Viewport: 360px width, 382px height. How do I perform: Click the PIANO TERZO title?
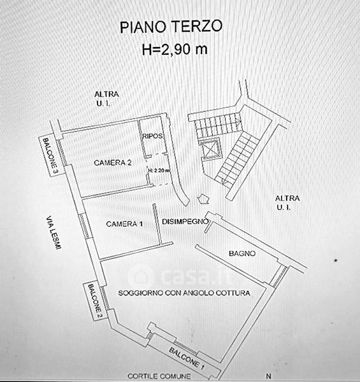[171, 27]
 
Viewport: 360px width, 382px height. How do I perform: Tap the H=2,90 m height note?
[175, 49]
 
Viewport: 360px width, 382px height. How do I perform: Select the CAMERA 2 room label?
[113, 163]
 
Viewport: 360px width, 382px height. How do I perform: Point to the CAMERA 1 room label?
[124, 224]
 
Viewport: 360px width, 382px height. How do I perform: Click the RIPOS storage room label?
[152, 136]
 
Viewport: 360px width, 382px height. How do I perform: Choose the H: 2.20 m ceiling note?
[159, 171]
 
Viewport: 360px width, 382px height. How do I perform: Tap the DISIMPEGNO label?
[185, 222]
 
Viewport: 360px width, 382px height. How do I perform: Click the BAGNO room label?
[242, 253]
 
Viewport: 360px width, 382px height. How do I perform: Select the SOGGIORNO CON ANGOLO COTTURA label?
[184, 293]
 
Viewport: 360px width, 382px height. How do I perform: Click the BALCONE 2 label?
[94, 301]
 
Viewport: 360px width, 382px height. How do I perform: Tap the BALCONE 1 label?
[187, 358]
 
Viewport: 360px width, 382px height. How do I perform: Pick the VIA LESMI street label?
[54, 232]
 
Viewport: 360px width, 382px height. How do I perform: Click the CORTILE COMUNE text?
[159, 376]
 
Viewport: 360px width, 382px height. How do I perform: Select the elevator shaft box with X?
[210, 149]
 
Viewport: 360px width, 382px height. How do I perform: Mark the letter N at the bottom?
[268, 376]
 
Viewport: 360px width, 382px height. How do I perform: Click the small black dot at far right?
[336, 260]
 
